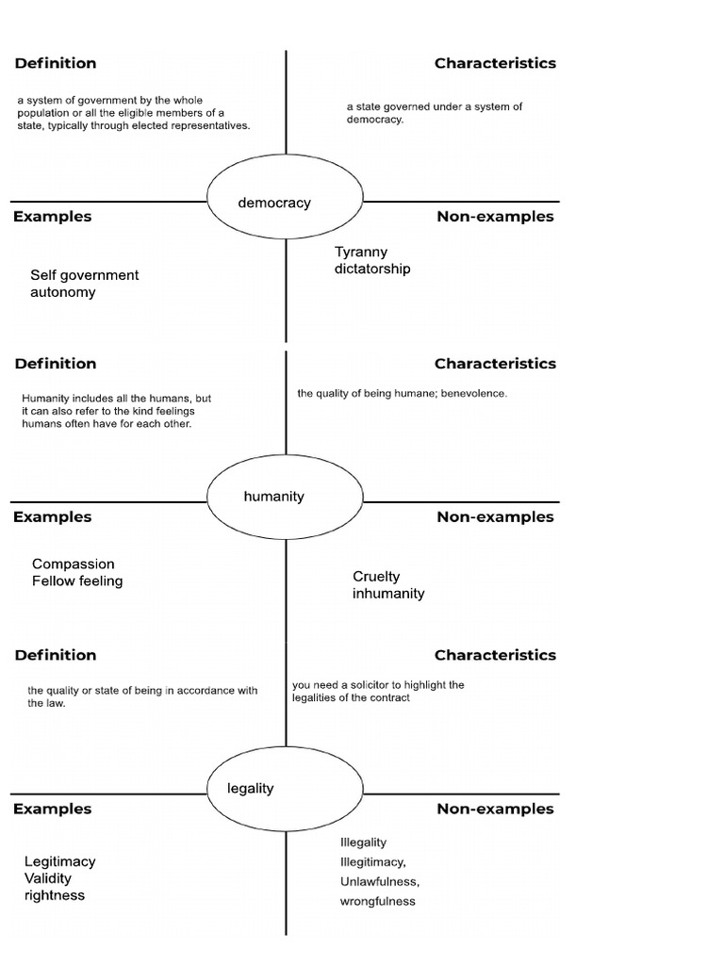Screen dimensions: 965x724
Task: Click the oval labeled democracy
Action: [x=285, y=202]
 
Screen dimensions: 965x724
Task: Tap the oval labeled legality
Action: [x=285, y=788]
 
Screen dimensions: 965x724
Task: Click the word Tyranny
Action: [x=361, y=253]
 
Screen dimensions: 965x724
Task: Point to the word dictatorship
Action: [x=372, y=270]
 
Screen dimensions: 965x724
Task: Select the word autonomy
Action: [x=63, y=292]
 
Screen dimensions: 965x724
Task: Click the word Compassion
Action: [x=74, y=564]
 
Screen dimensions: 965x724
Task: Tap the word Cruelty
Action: [x=376, y=577]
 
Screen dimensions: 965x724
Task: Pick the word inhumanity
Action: [x=388, y=594]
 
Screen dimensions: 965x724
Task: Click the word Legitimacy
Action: [x=60, y=861]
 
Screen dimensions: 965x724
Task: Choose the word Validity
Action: [x=48, y=878]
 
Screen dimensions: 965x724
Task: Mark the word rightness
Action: [x=55, y=895]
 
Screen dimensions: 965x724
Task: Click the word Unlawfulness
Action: [x=379, y=882]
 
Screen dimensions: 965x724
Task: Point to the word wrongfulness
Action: [x=377, y=902]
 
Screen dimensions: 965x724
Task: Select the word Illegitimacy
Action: [x=372, y=862]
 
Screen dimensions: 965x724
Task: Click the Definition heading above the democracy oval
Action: [x=55, y=64]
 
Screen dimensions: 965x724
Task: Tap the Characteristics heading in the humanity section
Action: [x=495, y=364]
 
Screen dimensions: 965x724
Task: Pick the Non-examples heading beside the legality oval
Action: [x=495, y=810]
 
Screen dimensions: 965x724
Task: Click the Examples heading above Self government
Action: [x=52, y=217]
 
